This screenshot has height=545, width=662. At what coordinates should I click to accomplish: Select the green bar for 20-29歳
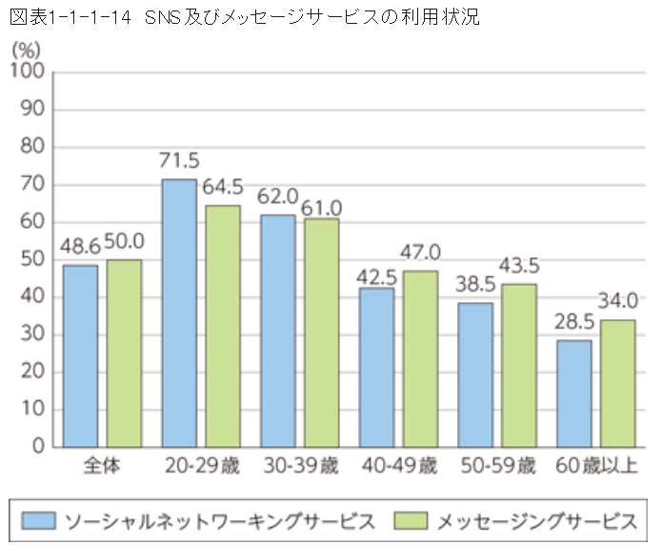point(223,325)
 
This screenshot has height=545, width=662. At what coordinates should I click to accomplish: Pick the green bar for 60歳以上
point(618,382)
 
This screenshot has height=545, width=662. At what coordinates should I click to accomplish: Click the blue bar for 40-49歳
point(376,367)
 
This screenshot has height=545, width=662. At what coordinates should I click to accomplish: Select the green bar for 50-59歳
point(519,365)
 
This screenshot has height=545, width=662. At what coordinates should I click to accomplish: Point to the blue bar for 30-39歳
point(277,330)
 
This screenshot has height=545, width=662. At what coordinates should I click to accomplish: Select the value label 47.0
point(421,253)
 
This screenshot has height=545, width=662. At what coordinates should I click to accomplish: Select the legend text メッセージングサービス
point(537,520)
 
